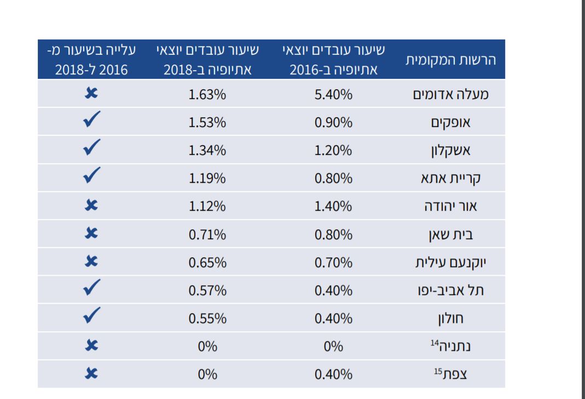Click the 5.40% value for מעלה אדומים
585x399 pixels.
click(333, 95)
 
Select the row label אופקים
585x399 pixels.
click(450, 123)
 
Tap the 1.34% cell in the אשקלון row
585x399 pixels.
click(207, 151)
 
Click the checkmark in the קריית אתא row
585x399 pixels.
click(91, 176)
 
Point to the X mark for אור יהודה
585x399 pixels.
click(91, 206)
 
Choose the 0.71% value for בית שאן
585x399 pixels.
click(207, 235)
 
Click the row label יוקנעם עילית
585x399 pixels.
click(450, 263)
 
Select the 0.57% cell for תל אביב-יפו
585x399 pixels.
click(207, 291)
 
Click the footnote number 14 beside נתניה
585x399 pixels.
click(435, 343)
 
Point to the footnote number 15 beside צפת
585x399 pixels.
click(438, 371)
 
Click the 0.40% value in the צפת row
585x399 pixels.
click(333, 374)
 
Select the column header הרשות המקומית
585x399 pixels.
click(450, 60)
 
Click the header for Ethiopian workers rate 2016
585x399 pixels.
click(333, 60)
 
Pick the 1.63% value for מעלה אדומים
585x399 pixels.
click(207, 95)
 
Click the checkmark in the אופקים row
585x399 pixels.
click(91, 120)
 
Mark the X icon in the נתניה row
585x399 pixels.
click(91, 345)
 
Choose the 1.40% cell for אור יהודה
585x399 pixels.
click(333, 206)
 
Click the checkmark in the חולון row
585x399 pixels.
click(91, 316)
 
